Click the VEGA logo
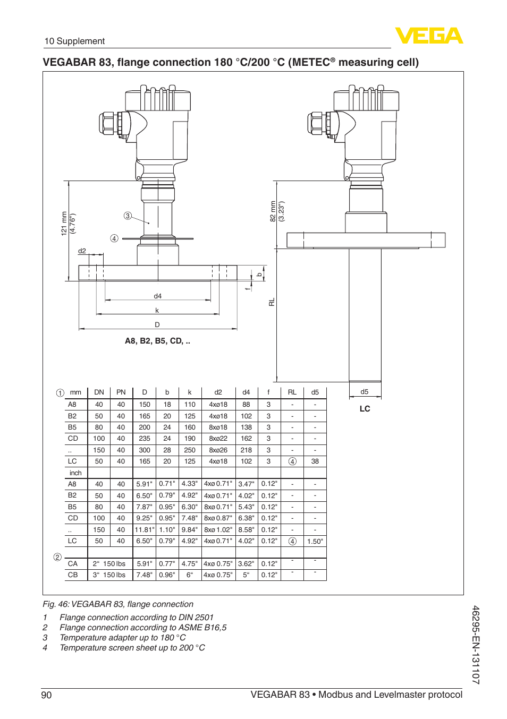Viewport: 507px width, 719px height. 429,36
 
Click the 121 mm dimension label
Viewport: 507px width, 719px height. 64,223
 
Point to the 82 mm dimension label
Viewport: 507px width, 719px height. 273,211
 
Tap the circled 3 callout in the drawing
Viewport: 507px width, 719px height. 128,216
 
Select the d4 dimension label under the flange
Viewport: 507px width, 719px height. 158,296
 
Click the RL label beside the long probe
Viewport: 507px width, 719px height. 272,302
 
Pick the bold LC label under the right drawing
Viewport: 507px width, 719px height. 365,409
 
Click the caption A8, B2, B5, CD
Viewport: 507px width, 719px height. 157,341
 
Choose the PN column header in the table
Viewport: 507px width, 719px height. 121,392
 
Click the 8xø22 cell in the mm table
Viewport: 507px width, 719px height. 218,439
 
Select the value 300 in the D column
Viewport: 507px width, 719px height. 145,450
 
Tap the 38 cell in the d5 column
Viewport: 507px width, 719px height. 315,461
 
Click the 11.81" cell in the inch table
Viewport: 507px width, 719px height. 145,530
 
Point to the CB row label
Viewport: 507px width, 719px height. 73,575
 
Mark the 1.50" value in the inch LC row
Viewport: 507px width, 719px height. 315,542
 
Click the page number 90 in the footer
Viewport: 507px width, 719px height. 47,695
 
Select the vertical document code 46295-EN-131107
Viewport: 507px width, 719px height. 476,645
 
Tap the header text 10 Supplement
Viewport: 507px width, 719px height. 74,41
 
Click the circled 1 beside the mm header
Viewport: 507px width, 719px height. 60,393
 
